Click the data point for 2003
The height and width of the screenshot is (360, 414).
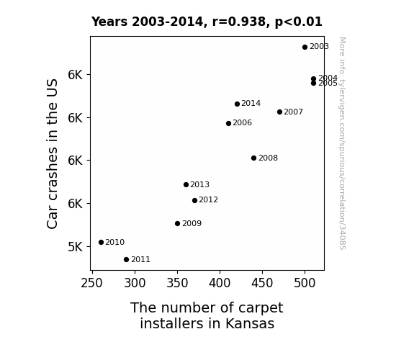(x=305, y=47)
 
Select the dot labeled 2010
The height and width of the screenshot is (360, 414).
(x=101, y=242)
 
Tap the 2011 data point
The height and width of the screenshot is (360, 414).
(x=126, y=260)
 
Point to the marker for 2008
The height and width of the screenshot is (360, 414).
(x=253, y=158)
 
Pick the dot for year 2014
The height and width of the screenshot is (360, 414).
(x=237, y=104)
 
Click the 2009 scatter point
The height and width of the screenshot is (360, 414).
(x=177, y=224)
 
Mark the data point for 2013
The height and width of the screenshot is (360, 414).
(x=186, y=184)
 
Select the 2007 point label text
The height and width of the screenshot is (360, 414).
(x=293, y=112)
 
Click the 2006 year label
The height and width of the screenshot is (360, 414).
(x=242, y=123)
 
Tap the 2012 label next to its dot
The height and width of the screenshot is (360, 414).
(x=208, y=200)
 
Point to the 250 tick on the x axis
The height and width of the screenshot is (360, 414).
(x=91, y=283)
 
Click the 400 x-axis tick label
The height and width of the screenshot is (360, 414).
(x=220, y=283)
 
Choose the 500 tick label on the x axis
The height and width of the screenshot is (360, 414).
(x=305, y=283)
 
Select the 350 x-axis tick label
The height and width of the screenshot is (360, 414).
(x=177, y=283)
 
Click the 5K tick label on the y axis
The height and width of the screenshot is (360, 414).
(x=76, y=247)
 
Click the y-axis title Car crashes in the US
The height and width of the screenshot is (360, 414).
(x=53, y=154)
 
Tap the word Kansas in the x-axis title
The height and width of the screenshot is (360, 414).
(x=250, y=323)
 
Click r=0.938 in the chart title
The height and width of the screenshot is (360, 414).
(x=239, y=22)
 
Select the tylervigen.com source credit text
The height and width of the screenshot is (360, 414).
(x=342, y=143)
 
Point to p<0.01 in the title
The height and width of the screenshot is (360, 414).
(x=299, y=22)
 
